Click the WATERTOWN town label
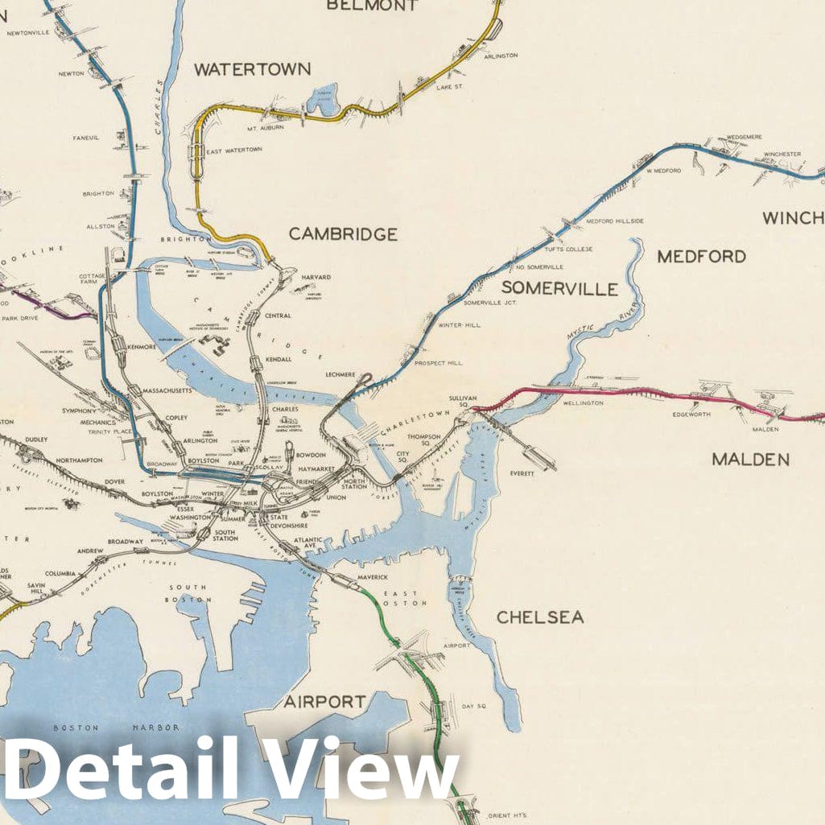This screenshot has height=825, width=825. [252, 69]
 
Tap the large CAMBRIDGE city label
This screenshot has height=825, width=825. [343, 234]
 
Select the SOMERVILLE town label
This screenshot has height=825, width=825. [560, 289]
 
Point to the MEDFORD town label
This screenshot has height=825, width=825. [701, 257]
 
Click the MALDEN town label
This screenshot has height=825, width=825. [750, 460]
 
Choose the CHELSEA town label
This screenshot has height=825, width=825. [540, 617]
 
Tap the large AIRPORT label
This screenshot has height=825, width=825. [324, 702]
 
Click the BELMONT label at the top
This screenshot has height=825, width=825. [373, 6]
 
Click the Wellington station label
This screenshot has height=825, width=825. [584, 402]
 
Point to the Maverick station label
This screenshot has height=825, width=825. [373, 577]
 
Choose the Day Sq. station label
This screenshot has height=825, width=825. [474, 706]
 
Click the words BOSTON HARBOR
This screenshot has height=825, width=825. [116, 728]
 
